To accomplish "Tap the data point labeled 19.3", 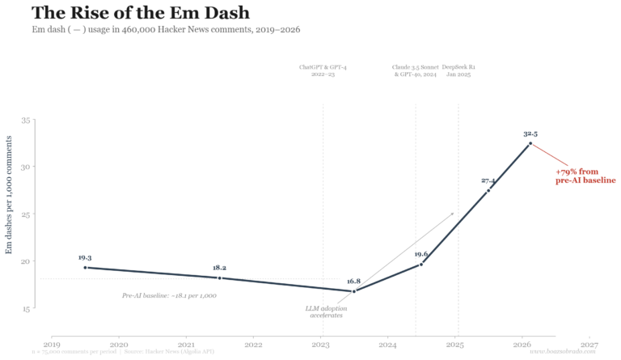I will click(85, 268).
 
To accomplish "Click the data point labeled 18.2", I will click(219, 277).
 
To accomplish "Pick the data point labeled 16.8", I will click(353, 291).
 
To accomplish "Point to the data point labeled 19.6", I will click(421, 265).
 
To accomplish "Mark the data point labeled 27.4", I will click(488, 190).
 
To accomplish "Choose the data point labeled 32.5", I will click(530, 143).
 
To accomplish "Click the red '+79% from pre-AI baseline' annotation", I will click(585, 176).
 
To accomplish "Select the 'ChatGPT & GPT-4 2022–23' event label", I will click(323, 70).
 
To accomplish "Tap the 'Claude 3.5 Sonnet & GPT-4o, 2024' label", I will click(415, 70).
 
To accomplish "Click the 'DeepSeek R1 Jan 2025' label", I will click(458, 70).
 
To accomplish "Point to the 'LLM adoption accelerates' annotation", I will click(326, 311).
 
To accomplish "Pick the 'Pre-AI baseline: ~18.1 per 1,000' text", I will click(169, 295).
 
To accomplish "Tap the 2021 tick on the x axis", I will click(186, 345).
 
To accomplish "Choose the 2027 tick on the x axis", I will click(589, 345).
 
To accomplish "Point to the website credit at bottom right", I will click(563, 352).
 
